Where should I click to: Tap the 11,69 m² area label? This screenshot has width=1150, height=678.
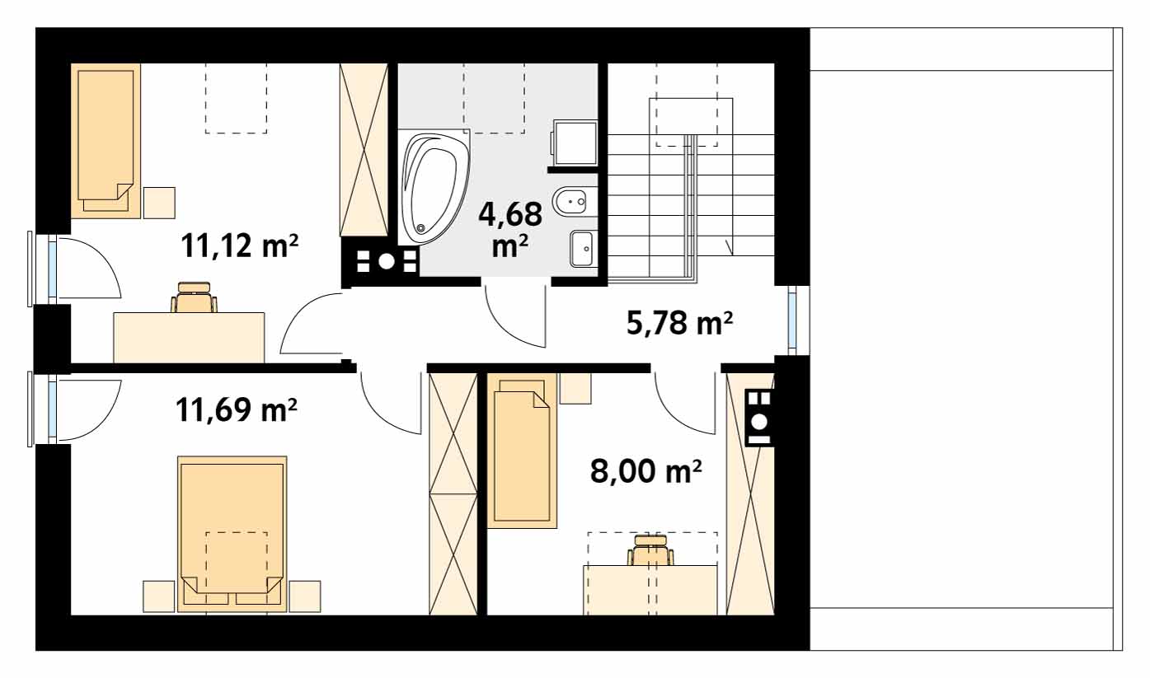237,409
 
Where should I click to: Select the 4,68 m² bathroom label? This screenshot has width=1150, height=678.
511,228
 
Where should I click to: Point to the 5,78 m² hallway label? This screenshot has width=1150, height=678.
680,324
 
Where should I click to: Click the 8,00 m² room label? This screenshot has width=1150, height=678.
645,471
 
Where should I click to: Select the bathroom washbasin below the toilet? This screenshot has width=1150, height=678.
584,249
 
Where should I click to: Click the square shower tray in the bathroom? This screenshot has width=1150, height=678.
575,142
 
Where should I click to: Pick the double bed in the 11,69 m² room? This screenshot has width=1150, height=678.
232,534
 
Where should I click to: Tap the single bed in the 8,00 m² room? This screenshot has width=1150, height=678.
521,451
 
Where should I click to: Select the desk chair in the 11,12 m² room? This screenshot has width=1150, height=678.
195,297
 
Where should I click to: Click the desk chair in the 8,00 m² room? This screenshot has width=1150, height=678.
651,550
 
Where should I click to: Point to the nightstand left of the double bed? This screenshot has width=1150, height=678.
158,596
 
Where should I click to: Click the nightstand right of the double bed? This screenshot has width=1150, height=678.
304,596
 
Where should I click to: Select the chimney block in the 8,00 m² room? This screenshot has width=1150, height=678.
759,417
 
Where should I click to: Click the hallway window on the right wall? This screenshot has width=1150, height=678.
792,320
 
